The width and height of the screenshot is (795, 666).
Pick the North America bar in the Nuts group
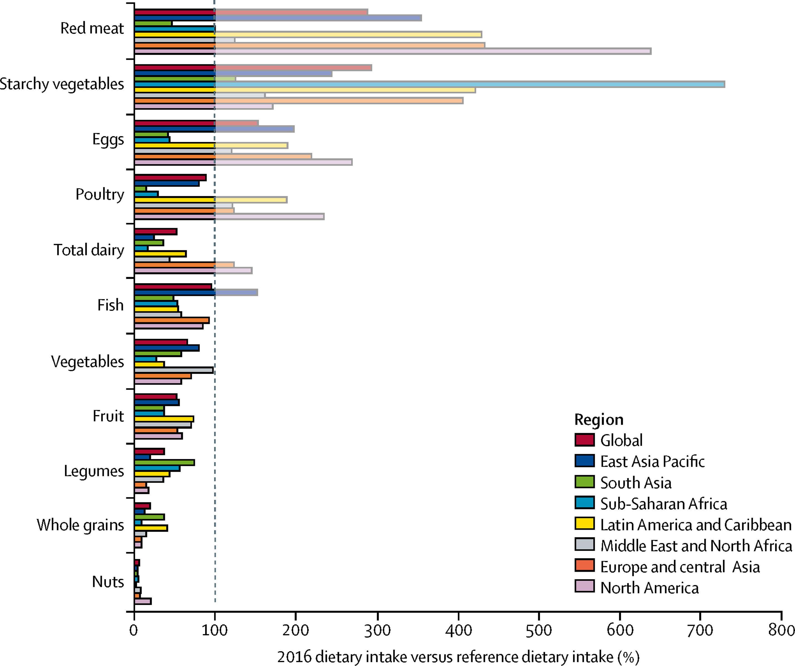point(143,601)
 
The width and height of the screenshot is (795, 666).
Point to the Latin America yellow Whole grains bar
point(151,528)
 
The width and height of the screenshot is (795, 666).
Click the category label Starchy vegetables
point(62,84)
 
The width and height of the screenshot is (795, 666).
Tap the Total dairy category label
point(89,250)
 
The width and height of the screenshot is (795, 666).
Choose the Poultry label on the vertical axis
point(100,194)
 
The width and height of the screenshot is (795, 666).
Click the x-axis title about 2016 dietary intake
point(458,657)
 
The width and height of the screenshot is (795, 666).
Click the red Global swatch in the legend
point(584,440)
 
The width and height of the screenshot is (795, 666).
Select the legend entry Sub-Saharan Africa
point(663,504)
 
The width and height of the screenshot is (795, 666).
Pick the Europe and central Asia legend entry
point(680,567)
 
